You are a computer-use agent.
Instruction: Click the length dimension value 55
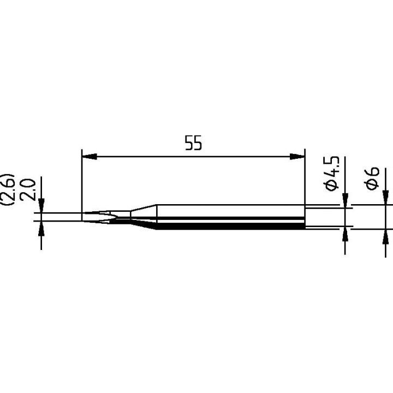(193, 144)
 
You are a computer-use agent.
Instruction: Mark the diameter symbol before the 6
(373, 184)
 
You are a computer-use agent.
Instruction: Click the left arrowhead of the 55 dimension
(89, 157)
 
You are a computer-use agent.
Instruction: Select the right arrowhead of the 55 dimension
(297, 157)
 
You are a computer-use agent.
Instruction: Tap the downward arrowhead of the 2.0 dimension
(41, 207)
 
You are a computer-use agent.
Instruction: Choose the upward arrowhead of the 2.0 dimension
(41, 227)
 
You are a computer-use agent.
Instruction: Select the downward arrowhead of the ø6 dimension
(385, 198)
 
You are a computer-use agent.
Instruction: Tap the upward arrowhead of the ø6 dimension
(385, 236)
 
